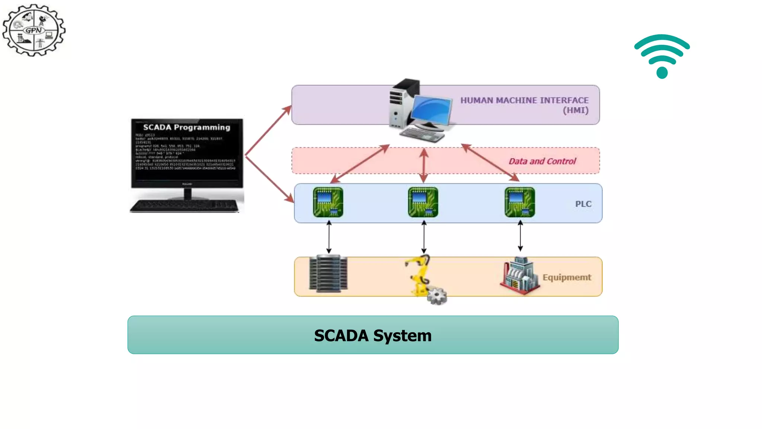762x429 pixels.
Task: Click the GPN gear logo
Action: pyautogui.click(x=34, y=30)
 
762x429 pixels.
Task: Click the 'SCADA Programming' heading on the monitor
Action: pyautogui.click(x=186, y=127)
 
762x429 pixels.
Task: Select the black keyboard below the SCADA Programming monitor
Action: pyautogui.click(x=184, y=206)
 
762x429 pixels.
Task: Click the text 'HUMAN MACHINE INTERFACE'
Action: pyautogui.click(x=524, y=101)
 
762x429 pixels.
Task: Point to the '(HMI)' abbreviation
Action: pyautogui.click(x=575, y=111)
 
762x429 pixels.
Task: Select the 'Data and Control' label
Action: pyautogui.click(x=542, y=161)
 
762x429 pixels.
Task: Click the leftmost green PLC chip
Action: pyautogui.click(x=328, y=202)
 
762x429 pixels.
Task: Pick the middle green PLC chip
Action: pyautogui.click(x=423, y=202)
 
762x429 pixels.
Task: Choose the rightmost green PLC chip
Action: pyautogui.click(x=520, y=202)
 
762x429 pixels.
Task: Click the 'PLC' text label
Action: pyautogui.click(x=583, y=204)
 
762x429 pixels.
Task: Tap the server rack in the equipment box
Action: pyautogui.click(x=328, y=273)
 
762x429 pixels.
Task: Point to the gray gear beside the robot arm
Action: pyautogui.click(x=437, y=296)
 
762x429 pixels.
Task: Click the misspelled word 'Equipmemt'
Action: pyautogui.click(x=567, y=277)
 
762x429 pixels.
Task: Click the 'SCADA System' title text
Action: pyautogui.click(x=373, y=336)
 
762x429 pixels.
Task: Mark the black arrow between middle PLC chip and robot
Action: pyautogui.click(x=424, y=237)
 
